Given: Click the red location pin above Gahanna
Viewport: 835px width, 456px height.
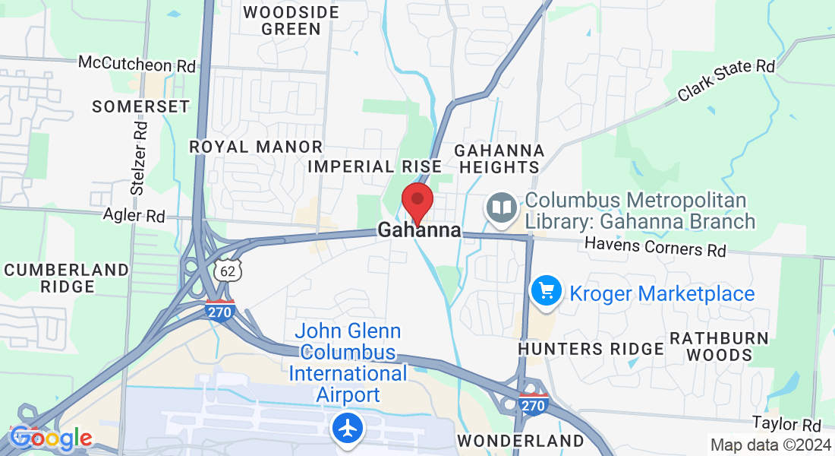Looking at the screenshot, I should pos(417,201).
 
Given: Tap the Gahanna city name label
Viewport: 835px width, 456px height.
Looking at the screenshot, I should pos(419,230).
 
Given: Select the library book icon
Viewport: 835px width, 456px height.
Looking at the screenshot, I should pos(501,207).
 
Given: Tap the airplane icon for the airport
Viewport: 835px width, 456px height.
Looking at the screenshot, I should pos(348,429).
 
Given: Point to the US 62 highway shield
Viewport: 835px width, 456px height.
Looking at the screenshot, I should pos(227,271).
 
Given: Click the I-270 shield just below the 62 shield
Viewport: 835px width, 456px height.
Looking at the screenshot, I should pos(220,309).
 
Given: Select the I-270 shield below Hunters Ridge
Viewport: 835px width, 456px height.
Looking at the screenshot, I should pos(534,404).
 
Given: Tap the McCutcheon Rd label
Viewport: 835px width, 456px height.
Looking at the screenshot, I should pos(137,64).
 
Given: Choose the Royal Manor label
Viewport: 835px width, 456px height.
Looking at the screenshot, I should pos(256,147).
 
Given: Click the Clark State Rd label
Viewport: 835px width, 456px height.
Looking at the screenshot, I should pos(726,79).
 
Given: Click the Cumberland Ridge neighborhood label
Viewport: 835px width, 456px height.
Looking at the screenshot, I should pos(67,278).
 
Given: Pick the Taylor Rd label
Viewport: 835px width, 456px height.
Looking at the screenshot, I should pos(787,423).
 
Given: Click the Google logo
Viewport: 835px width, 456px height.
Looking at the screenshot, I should pos(51,439).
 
